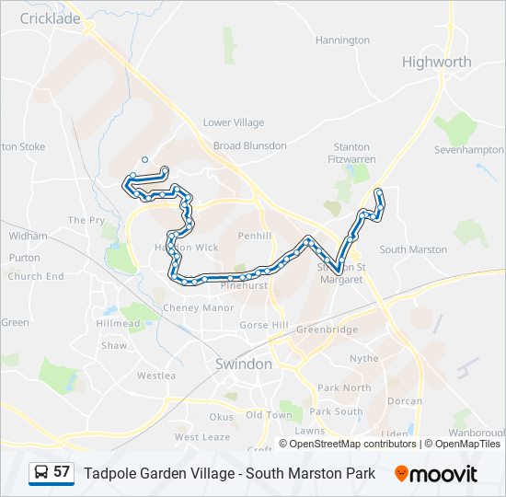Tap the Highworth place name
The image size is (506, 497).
click(436, 62)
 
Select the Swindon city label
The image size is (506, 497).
click(243, 364)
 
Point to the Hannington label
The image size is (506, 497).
click(342, 40)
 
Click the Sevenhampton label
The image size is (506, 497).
click(468, 148)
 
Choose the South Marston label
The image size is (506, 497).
click(413, 249)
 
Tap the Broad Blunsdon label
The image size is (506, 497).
click(249, 145)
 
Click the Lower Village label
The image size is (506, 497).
click(233, 122)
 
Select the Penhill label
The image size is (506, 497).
click(254, 236)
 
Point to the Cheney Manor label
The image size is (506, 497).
click(198, 308)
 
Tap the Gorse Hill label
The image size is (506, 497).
click(264, 326)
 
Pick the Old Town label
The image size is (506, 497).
click(268, 415)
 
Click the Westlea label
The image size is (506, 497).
click(155, 376)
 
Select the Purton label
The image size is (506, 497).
click(24, 258)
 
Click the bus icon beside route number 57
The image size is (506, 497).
click(40, 472)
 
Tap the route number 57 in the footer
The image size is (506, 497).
click(62, 471)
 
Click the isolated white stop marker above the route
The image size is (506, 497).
click(144, 159)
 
